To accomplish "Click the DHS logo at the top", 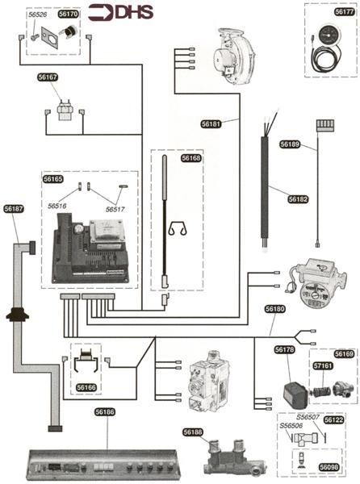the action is coord(121,12).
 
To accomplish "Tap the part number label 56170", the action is coord(69,14).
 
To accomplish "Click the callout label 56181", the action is coord(211,124).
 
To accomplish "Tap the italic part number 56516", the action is coord(57,206).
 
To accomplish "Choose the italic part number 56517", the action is coord(115,209).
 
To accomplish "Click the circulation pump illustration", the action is coord(318,283).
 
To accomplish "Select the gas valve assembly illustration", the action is coord(209,380).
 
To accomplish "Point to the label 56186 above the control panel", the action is coord(105,412).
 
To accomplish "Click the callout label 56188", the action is coord(192,432).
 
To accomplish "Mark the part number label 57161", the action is coord(323,366).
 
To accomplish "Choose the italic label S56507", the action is coord(308,417).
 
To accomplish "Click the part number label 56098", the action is coord(329,467).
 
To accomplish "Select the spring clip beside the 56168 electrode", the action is coord(178,228).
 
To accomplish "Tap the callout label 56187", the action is coord(14,209).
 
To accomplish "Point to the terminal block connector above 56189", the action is coord(325,126).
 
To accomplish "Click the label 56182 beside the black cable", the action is coord(298,199).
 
